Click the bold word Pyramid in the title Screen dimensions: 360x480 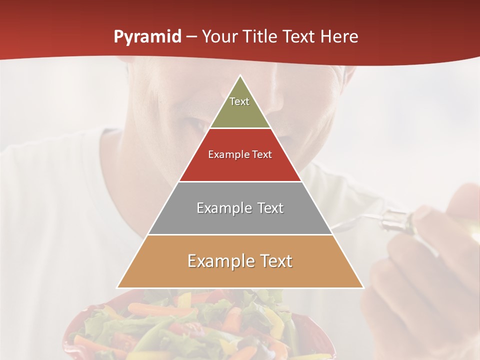coord(147,37)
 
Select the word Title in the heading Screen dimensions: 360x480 coord(261,37)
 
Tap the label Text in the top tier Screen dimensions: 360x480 coord(239,101)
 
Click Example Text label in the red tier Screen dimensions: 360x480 coord(240,154)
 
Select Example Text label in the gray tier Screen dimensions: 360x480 coord(240,208)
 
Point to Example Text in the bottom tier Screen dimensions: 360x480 coord(240,261)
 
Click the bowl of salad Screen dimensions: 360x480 coord(200,325)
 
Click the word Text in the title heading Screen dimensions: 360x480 coord(298,37)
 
